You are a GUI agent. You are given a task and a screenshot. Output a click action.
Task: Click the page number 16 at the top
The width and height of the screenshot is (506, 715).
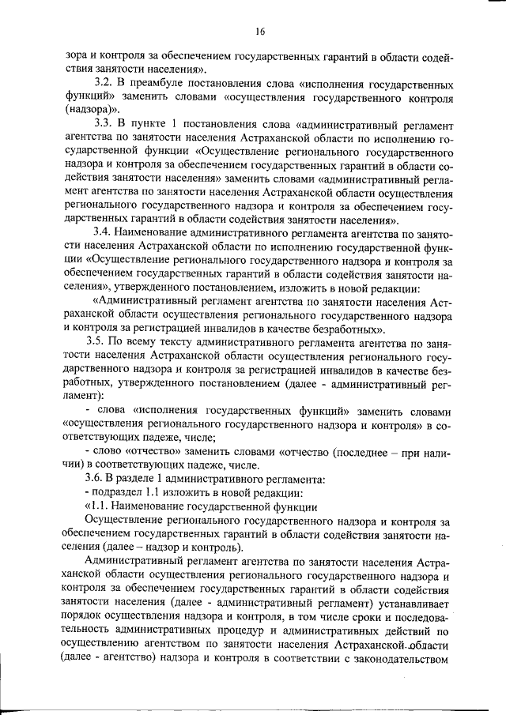[x=259, y=32]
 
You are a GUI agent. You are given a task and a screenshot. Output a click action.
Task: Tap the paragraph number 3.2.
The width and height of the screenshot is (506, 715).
[x=103, y=83]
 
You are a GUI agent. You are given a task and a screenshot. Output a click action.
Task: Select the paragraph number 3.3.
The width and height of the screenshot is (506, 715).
[x=104, y=125]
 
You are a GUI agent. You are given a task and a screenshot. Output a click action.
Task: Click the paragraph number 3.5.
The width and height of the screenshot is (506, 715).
[x=104, y=342]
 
